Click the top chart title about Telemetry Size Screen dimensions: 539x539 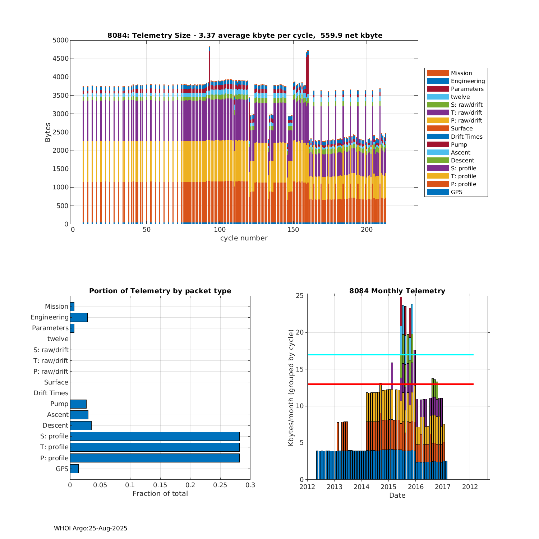(x=245, y=35)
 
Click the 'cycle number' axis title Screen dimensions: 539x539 (x=244, y=238)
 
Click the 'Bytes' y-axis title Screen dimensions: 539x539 (x=48, y=132)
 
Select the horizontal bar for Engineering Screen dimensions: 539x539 (x=79, y=317)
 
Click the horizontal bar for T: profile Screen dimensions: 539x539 (x=155, y=447)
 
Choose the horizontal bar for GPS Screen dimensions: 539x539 (x=74, y=469)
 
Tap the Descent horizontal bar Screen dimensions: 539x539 (x=81, y=425)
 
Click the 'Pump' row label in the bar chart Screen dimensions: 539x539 (x=59, y=404)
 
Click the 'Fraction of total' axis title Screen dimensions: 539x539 (x=160, y=493)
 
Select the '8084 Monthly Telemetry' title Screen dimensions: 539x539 (x=397, y=291)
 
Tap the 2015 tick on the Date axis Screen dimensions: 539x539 (x=388, y=487)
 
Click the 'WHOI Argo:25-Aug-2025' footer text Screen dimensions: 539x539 (x=91, y=528)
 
